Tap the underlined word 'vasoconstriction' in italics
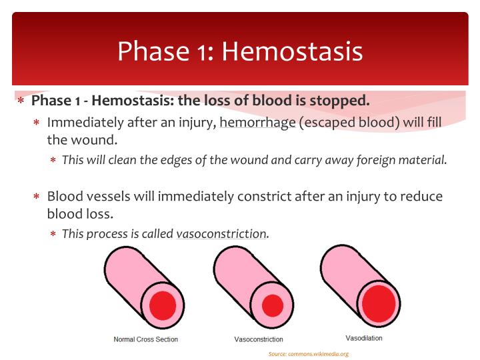[x=221, y=234]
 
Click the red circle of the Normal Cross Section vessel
[x=162, y=305]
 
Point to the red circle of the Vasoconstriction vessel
[x=272, y=305]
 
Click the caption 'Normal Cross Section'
[x=146, y=339]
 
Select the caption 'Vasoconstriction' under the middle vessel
[x=259, y=339]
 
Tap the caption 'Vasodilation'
[x=364, y=338]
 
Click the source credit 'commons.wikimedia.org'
[x=319, y=354]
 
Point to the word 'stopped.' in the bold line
[x=345, y=101]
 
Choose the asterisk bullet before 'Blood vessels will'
[x=37, y=198]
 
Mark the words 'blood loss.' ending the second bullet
[x=79, y=215]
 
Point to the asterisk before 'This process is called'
[x=53, y=235]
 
